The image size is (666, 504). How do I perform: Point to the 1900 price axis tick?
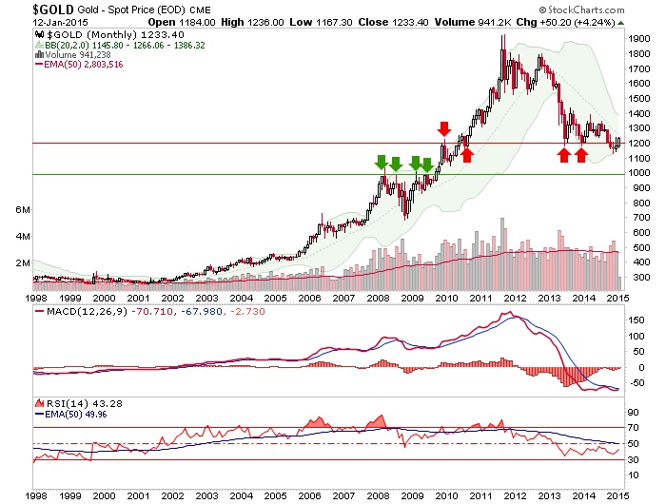pos(638,38)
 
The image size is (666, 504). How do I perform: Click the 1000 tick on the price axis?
pos(638,173)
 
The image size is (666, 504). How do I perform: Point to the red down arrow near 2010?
pos(443,128)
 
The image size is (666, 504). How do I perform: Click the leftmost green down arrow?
pos(381,162)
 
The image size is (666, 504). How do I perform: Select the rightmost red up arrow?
pos(581,154)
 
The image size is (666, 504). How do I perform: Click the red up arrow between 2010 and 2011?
pos(466,154)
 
